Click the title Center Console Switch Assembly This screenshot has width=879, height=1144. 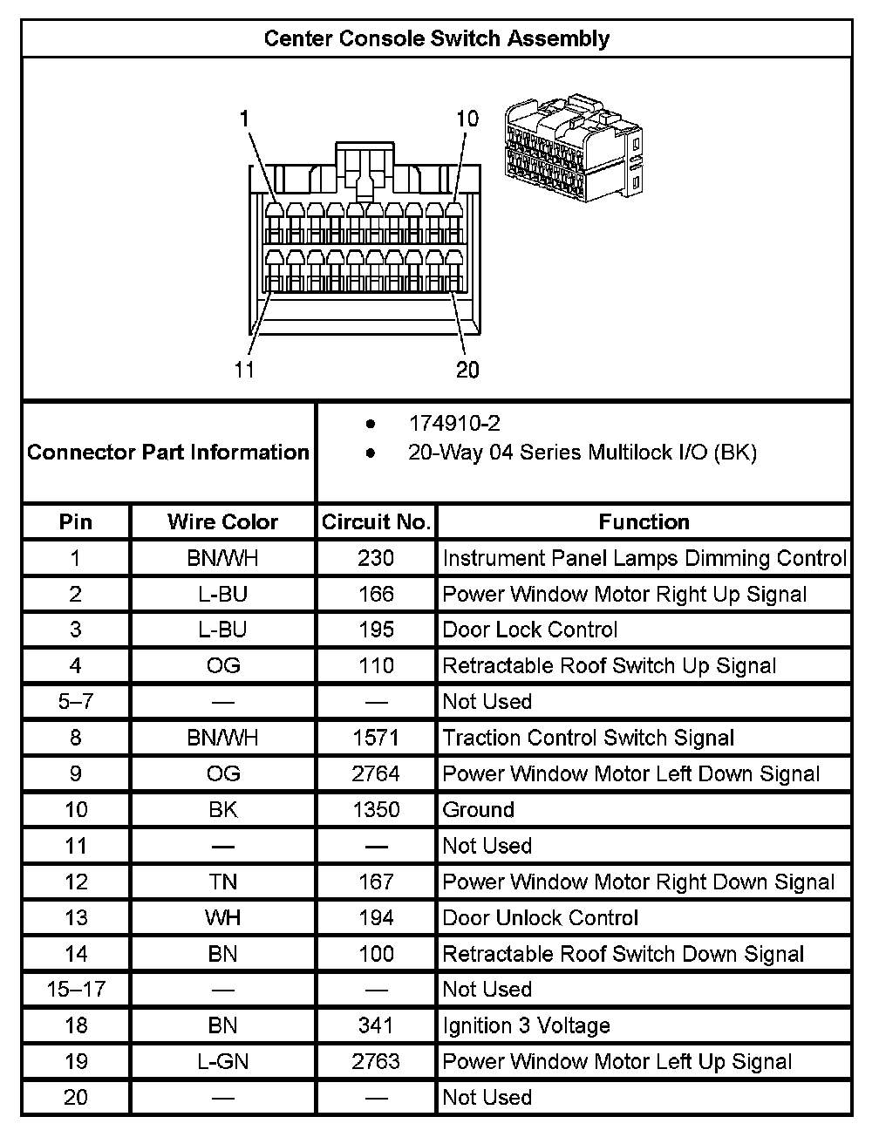pyautogui.click(x=436, y=39)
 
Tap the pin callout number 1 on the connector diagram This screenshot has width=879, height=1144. pyautogui.click(x=246, y=118)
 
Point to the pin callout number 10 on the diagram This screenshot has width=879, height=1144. pyautogui.click(x=467, y=119)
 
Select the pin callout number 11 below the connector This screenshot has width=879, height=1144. pyautogui.click(x=245, y=370)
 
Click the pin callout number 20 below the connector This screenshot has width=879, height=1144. pyautogui.click(x=467, y=371)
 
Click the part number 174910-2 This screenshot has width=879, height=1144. pyautogui.click(x=454, y=424)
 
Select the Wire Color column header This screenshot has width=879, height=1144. pyautogui.click(x=222, y=522)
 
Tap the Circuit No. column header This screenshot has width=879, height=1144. pyautogui.click(x=376, y=522)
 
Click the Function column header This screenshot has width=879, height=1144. pyautogui.click(x=644, y=522)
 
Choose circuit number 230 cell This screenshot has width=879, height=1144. pyautogui.click(x=376, y=558)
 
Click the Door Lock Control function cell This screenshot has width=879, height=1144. pyautogui.click(x=530, y=630)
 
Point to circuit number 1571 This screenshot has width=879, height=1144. pyautogui.click(x=376, y=739)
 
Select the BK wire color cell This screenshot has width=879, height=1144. pyautogui.click(x=222, y=810)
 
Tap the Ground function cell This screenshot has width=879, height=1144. pyautogui.click(x=479, y=810)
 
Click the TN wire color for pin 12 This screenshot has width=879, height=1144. pyautogui.click(x=222, y=882)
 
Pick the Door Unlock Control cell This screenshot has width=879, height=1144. pyautogui.click(x=541, y=918)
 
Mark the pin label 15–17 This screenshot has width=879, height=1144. pyautogui.click(x=76, y=990)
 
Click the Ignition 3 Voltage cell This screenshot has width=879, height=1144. pyautogui.click(x=527, y=1026)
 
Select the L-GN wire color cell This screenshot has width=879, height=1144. pyautogui.click(x=222, y=1062)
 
